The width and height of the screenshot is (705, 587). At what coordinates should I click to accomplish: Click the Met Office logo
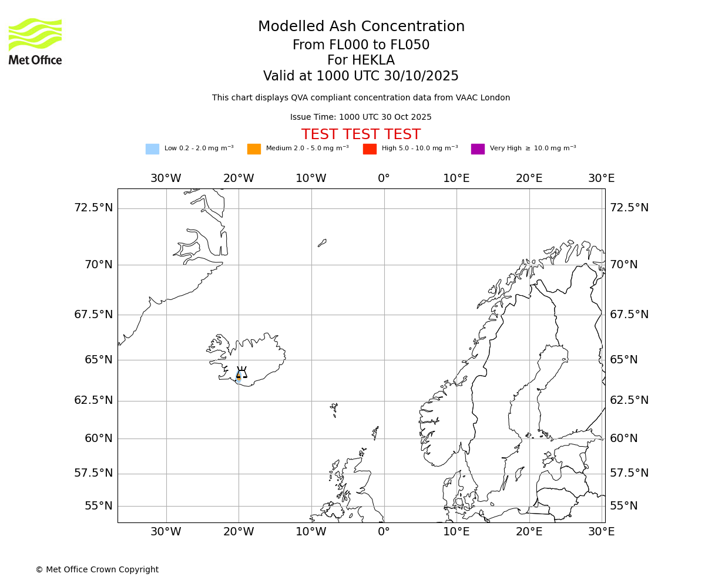click(x=35, y=41)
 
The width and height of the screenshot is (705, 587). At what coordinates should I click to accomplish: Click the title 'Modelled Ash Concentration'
click(x=361, y=27)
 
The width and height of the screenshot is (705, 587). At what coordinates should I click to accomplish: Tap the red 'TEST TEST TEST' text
click(x=361, y=135)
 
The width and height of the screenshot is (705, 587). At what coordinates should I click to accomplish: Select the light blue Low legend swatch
click(x=152, y=149)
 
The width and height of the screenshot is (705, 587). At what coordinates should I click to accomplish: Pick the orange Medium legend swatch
click(x=254, y=149)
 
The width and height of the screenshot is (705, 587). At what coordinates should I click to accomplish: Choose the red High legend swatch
click(x=370, y=149)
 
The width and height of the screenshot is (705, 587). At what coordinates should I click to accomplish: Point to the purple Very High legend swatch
click(x=478, y=149)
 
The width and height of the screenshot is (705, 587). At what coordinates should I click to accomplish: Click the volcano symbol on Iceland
click(x=241, y=373)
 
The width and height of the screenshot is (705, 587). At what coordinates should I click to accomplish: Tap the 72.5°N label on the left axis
click(x=93, y=208)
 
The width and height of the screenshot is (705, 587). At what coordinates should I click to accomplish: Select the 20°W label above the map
click(x=239, y=178)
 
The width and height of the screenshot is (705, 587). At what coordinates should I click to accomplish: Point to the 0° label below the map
click(x=384, y=532)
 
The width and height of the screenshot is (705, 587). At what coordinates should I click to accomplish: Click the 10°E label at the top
click(x=456, y=178)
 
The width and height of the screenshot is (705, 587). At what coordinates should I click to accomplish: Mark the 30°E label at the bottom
click(x=602, y=532)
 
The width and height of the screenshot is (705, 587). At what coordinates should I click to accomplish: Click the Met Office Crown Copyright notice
click(x=97, y=570)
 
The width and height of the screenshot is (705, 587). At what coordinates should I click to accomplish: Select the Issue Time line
click(x=361, y=117)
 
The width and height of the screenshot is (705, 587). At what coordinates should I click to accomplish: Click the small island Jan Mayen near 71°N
click(x=322, y=243)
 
